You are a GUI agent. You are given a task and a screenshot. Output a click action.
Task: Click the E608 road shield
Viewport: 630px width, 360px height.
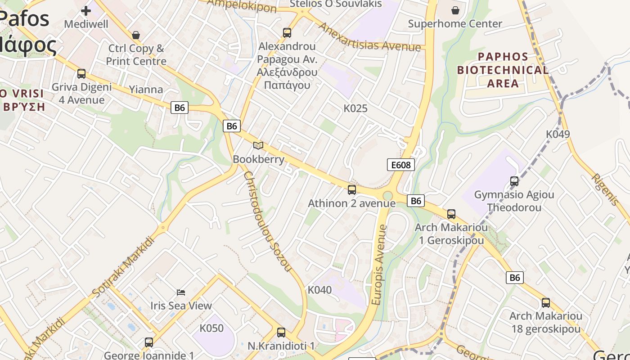point(400,165)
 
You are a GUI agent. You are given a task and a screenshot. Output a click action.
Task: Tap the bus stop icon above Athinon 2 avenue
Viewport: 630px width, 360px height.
point(352,189)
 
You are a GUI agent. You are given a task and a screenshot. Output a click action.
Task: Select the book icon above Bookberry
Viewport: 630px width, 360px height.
point(258,145)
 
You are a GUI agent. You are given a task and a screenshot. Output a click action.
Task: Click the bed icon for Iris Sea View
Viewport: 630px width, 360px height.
point(181,292)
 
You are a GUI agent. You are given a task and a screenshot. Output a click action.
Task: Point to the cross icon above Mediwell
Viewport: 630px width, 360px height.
point(86,10)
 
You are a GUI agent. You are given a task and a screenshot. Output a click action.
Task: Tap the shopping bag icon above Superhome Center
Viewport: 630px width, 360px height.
point(455,10)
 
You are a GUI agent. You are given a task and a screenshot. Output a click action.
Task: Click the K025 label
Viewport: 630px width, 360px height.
point(355,108)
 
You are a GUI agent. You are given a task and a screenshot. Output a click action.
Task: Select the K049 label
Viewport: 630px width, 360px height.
point(558,134)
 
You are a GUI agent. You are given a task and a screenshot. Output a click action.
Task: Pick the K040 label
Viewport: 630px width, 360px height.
point(319,290)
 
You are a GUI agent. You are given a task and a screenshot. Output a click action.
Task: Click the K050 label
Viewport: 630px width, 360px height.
point(211,328)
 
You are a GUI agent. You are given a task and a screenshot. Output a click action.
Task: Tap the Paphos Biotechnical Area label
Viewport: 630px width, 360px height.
point(503,70)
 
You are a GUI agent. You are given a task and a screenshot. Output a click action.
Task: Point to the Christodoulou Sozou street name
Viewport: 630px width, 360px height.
point(267,221)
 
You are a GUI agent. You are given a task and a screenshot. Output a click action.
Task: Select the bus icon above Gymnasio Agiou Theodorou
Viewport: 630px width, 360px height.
point(514,181)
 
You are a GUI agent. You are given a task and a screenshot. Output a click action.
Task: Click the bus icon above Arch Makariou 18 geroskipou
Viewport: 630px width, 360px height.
point(546,303)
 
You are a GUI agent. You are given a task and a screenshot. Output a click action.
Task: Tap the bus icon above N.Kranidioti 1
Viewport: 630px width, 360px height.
point(281,333)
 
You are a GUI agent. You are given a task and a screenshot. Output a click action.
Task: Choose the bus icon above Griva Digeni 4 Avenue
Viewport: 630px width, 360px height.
point(81,73)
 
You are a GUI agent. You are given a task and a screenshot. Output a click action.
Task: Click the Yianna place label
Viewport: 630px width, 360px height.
point(146,89)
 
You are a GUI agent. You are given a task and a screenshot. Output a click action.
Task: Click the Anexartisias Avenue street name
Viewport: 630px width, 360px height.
point(369,37)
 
